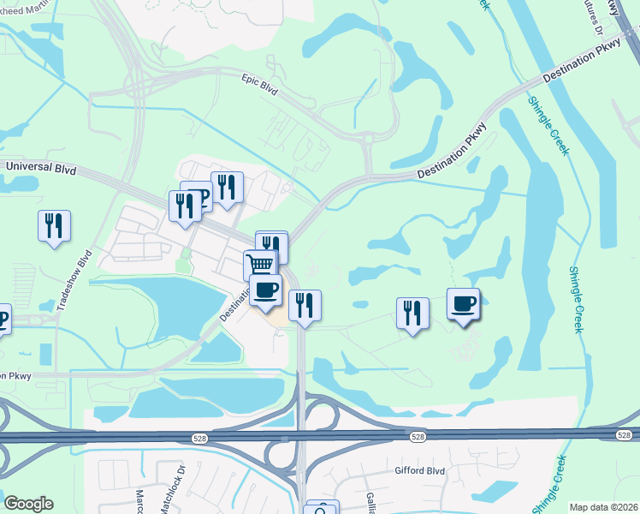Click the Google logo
pos(28,504)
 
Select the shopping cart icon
pos(261,264)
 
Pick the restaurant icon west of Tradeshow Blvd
pos(54,226)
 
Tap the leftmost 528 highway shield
pos(198,438)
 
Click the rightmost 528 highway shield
pos(624,436)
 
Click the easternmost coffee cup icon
pos(464,304)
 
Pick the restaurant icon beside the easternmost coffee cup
pos(412,313)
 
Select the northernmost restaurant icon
pos(227,187)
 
